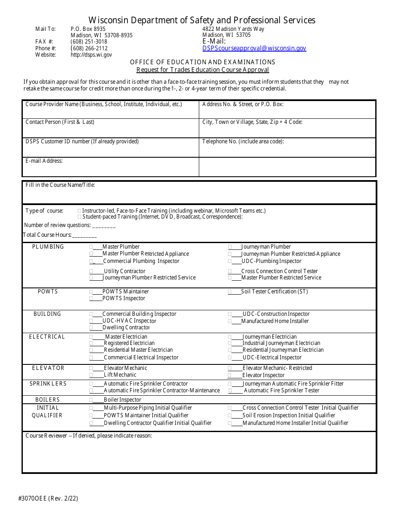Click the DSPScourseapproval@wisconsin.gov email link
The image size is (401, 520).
click(254, 49)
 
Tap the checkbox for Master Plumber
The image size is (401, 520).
click(91, 247)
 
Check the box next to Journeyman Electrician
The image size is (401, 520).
click(230, 337)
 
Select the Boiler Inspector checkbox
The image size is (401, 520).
click(91, 400)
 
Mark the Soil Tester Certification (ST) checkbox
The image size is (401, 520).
click(230, 292)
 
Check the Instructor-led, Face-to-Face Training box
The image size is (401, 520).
click(80, 211)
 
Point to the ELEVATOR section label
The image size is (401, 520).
click(48, 368)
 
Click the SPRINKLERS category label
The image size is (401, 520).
click(48, 384)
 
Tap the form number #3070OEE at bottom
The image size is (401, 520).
click(48, 498)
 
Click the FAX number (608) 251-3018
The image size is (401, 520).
click(89, 42)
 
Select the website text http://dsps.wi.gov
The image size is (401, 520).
click(91, 55)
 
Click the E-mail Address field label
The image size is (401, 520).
click(44, 161)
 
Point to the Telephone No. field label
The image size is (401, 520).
click(243, 142)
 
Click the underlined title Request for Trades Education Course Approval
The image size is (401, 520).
click(203, 70)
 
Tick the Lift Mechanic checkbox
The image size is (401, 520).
click(91, 375)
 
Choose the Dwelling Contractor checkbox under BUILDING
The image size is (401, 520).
click(91, 328)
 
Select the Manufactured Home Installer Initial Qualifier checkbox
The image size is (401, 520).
click(230, 423)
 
